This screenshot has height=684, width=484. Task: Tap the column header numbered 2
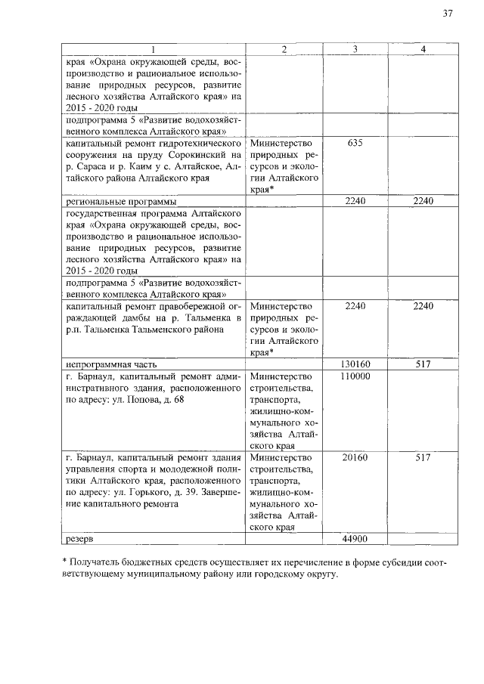[x=283, y=49]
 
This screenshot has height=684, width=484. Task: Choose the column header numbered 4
[x=423, y=49]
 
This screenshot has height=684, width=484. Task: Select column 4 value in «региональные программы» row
[x=423, y=202]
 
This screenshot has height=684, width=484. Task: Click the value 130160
[x=355, y=364]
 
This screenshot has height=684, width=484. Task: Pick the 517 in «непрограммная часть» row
[x=423, y=364]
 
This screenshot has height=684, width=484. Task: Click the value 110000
[x=355, y=376]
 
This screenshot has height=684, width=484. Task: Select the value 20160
[x=355, y=458]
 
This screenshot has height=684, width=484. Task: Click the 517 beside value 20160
[x=423, y=458]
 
